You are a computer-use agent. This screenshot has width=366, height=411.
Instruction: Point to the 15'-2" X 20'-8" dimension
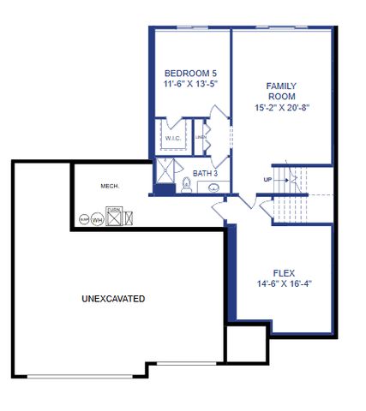click(x=281, y=109)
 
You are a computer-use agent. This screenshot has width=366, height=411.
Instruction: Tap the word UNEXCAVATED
click(x=112, y=299)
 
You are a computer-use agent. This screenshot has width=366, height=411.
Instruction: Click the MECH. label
click(x=109, y=185)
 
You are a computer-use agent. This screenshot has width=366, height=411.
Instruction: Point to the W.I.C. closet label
click(x=171, y=137)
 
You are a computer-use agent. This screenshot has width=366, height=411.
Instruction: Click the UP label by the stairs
click(x=267, y=179)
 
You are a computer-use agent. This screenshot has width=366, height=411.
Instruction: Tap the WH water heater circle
click(x=97, y=218)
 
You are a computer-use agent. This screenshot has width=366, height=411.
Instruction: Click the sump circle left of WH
click(x=84, y=219)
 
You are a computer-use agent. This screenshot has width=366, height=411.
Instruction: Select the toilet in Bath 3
click(x=186, y=183)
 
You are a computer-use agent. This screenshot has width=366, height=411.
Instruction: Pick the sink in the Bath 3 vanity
click(x=213, y=188)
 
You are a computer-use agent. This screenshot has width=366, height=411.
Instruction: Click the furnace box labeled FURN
click(x=113, y=215)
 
